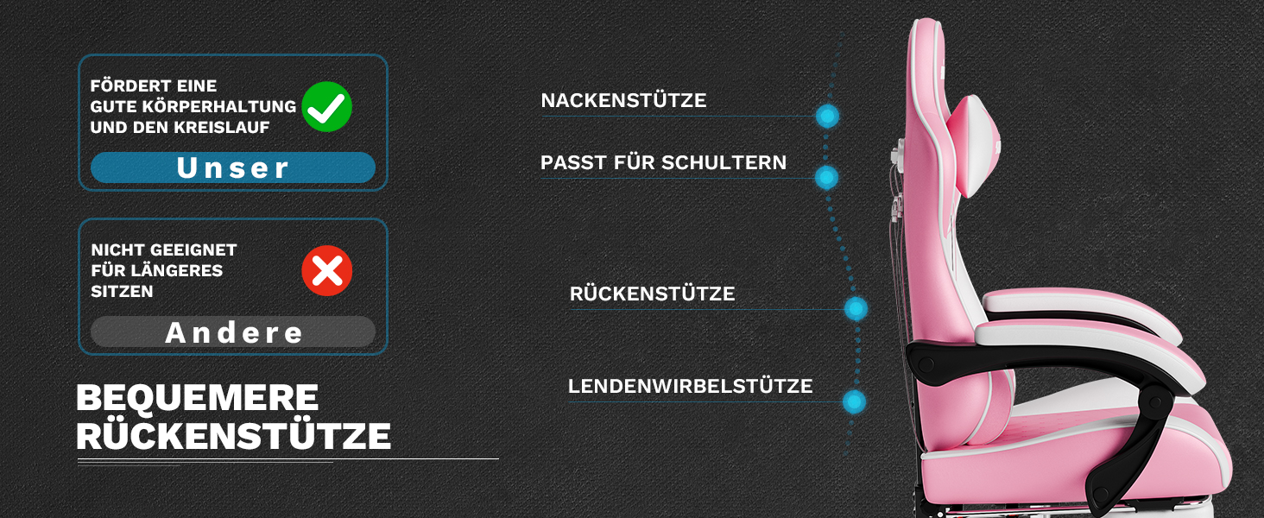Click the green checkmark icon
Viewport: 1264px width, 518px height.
click(327, 107)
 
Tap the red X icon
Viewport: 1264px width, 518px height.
click(327, 271)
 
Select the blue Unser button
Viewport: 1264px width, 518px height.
click(233, 167)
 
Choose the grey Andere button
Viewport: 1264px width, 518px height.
click(233, 332)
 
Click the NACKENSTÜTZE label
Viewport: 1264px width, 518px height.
click(623, 101)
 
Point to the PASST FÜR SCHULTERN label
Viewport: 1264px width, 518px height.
click(663, 163)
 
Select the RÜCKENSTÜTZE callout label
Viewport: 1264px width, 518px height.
click(652, 294)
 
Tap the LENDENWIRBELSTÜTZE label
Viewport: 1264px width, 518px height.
click(690, 387)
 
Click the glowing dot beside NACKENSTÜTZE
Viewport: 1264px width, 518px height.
click(827, 116)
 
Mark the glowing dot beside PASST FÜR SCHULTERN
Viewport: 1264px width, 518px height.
click(826, 177)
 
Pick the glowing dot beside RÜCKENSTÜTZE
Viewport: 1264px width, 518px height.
click(856, 308)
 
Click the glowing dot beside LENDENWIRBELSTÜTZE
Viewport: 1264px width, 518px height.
click(854, 401)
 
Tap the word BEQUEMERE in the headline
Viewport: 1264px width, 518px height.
click(198, 398)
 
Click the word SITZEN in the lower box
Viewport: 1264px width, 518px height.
click(122, 292)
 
